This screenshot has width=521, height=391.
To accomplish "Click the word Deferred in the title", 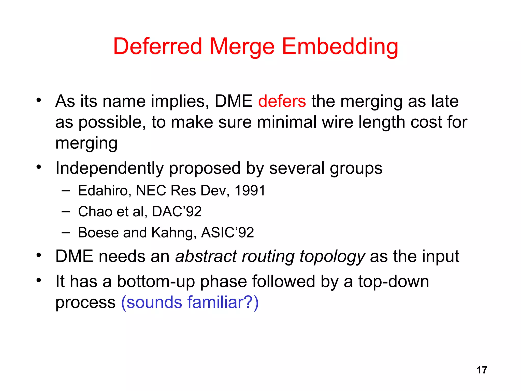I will tap(157, 46).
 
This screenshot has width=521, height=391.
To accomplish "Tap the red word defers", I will tap(282, 101).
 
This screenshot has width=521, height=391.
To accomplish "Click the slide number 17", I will tap(482, 370).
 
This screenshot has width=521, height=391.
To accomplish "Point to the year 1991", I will tap(250, 190).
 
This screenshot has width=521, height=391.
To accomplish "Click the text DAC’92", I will tap(177, 212).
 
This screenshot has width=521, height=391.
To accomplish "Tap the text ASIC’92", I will tap(227, 232).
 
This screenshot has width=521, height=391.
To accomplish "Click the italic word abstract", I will tap(206, 256).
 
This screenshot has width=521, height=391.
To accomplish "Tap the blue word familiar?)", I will tap(223, 302).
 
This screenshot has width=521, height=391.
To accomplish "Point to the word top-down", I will tap(394, 282).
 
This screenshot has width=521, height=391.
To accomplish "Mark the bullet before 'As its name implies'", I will tap(38, 100).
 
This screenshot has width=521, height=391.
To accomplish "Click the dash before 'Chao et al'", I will tap(65, 211).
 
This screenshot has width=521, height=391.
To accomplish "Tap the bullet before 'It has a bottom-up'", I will tap(38, 280).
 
